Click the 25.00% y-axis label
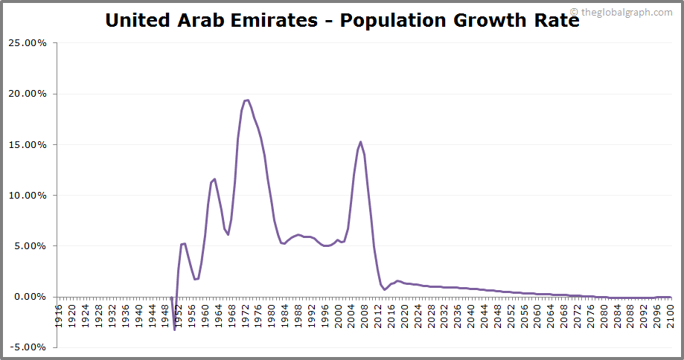pos(27,43)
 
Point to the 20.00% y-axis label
pos(27,94)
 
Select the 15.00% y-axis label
pos(27,144)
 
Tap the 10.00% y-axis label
pos(27,196)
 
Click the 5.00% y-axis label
pos(30,246)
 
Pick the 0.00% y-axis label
pos(30,297)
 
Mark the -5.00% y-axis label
pos(28,347)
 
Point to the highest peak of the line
pos(247,100)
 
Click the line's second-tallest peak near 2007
pos(361,142)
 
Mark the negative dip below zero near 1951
pos(174,329)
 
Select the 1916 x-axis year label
pos(59,310)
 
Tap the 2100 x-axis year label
pos(670,310)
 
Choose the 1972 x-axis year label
pos(245,310)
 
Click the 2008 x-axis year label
pos(364,310)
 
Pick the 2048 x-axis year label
pos(497,310)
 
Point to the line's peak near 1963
pos(215,179)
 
